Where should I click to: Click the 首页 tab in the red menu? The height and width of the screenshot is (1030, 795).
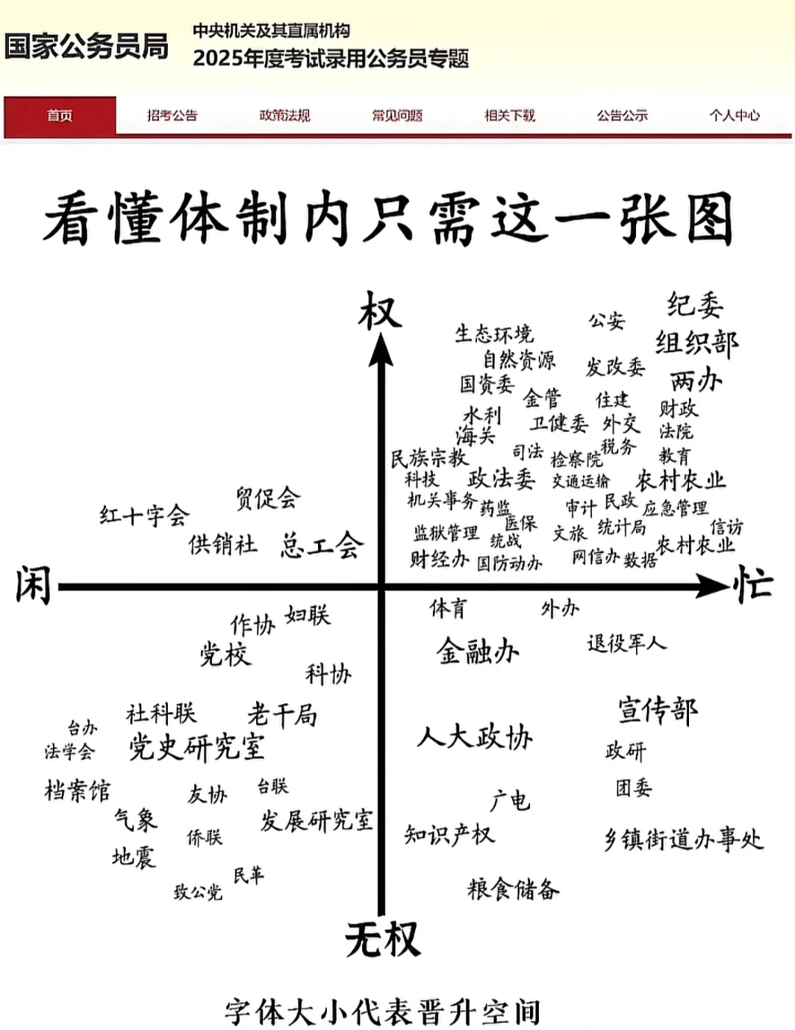pos(60,116)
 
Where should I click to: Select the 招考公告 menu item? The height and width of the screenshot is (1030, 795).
pos(172,116)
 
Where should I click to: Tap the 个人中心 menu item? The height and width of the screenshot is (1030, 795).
pos(734,116)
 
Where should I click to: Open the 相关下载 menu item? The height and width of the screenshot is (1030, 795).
pos(509,116)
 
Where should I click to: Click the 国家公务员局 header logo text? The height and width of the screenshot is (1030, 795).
pos(86,46)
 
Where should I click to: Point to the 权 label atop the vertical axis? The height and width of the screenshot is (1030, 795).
pos(380,311)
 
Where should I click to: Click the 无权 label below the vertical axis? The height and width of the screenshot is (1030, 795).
pos(383,940)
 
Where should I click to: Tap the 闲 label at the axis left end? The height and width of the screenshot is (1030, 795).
pos(33,586)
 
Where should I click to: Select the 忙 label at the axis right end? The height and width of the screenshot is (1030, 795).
pos(752,586)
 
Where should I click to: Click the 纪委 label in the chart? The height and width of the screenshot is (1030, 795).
pos(695,304)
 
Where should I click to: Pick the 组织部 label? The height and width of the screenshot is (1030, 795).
pos(696,343)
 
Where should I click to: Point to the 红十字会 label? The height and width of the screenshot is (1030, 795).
pos(144,515)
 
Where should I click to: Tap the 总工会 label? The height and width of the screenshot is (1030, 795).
pos(322,545)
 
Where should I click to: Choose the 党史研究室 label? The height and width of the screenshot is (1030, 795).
pos(197,747)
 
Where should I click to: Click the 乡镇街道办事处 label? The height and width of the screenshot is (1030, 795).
pos(684,839)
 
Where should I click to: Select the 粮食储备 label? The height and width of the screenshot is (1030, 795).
pos(513,889)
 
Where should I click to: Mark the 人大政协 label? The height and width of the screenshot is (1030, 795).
pos(475,736)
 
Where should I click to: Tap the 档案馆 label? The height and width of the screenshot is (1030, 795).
pos(77,791)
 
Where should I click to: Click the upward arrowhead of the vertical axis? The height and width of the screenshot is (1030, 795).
pos(381,349)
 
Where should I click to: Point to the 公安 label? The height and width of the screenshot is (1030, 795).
pos(606,320)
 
